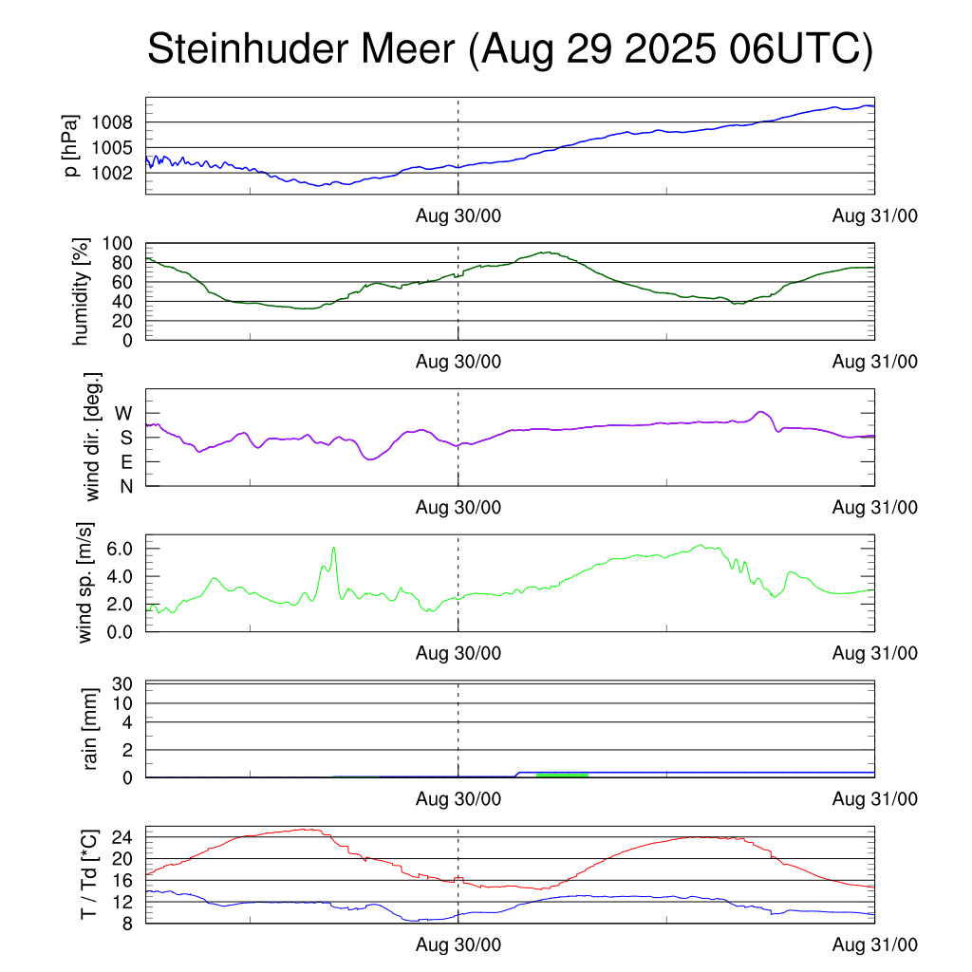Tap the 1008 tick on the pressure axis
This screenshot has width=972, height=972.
[113, 122]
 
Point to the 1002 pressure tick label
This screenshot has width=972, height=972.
[113, 173]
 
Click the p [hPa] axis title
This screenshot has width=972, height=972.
[70, 145]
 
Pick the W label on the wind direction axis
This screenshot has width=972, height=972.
[124, 413]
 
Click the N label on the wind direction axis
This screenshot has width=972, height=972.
[125, 486]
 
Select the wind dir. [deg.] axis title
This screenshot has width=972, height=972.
[92, 437]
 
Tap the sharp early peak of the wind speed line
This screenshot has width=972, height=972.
[334, 548]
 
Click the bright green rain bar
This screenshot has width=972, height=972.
[562, 776]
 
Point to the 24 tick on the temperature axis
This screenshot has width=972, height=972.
[125, 837]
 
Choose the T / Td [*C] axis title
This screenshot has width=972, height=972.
[88, 873]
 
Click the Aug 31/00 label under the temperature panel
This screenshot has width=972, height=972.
[875, 945]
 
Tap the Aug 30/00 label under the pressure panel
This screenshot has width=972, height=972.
[458, 216]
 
